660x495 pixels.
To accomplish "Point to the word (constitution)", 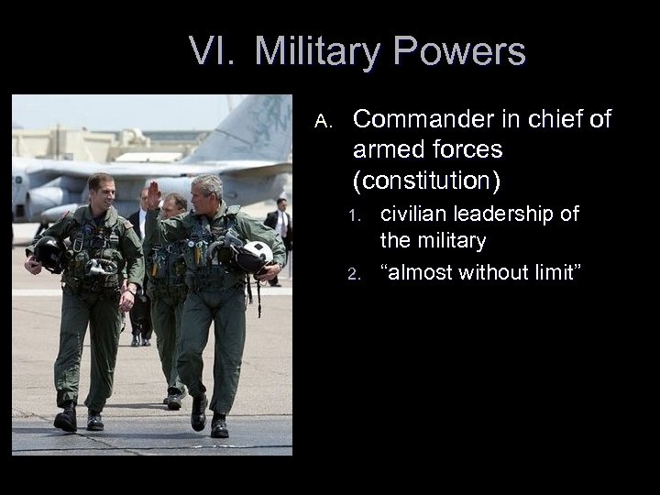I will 426,181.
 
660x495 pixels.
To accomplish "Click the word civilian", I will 417,214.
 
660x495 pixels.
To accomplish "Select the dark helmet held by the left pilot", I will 48,254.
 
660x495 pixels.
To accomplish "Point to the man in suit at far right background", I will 279,229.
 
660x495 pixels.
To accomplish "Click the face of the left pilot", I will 102,194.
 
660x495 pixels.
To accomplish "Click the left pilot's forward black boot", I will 66,418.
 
